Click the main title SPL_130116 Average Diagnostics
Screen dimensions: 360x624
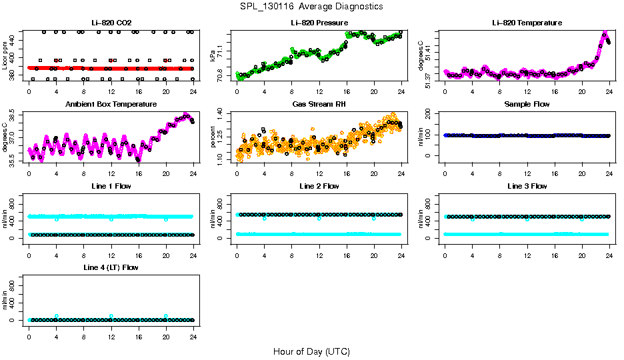(x=312, y=6)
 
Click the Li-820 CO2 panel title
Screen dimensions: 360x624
(x=111, y=23)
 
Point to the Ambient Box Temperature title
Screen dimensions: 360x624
(x=111, y=105)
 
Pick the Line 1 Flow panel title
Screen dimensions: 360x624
(x=111, y=186)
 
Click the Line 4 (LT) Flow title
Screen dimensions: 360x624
(x=111, y=267)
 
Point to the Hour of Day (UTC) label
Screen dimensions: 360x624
(x=311, y=351)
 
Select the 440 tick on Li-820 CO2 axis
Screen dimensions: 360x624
(x=15, y=39)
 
